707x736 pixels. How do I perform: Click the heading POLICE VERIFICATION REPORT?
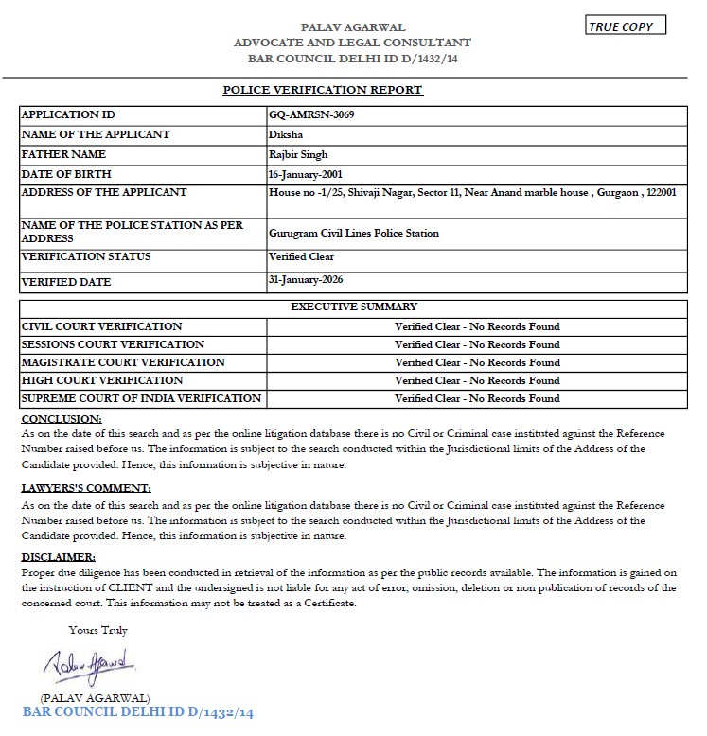coord(322,90)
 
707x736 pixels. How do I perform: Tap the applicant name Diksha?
coord(287,134)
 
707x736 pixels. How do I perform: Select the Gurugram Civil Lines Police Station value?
coord(354,233)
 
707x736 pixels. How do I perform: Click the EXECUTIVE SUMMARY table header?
coord(353,307)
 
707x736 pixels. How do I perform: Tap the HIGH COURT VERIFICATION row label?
coord(102,380)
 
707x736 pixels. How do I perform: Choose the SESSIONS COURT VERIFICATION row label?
coord(113,344)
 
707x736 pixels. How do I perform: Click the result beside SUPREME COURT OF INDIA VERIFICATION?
coord(477,398)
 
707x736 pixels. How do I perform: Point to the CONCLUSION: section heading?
coord(61,418)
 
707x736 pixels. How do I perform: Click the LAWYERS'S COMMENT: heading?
coord(85,488)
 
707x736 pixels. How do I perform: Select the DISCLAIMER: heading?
coord(58,558)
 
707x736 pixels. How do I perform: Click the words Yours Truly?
coord(97,630)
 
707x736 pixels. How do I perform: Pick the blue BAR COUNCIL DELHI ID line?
coord(138,711)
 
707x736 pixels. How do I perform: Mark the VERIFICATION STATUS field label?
coord(86,256)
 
